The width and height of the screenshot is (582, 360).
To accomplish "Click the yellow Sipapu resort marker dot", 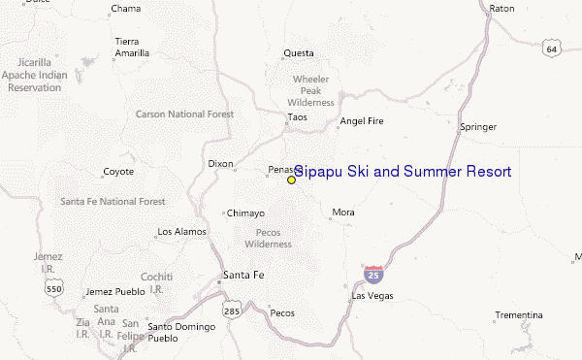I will tap(291, 180).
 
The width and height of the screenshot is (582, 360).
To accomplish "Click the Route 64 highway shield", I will tap(551, 49).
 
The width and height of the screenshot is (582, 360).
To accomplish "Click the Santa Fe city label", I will tap(242, 275).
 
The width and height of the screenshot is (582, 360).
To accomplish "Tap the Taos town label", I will tap(297, 118).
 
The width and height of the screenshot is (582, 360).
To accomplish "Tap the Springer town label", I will tap(477, 126).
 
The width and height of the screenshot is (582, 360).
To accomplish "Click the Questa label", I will tap(298, 53).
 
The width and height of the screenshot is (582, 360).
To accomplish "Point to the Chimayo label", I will tap(244, 213).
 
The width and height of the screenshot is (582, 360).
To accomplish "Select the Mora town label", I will tap(343, 212).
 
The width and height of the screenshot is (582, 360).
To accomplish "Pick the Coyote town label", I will tap(117, 173).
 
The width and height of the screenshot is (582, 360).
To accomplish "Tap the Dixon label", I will tap(220, 164).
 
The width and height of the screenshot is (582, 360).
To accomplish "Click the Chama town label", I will tap(126, 9).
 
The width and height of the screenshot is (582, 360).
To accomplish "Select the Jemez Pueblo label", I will tap(113, 291).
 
